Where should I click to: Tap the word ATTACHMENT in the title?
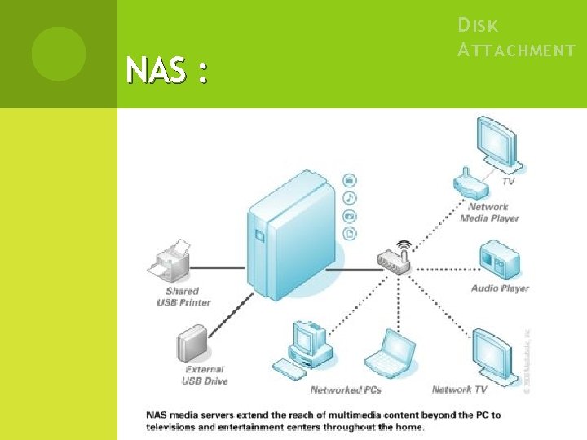point(516,51)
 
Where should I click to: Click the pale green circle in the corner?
point(59,53)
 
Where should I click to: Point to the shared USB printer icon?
point(170,262)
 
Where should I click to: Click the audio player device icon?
point(499,259)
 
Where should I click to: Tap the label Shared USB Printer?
point(183,297)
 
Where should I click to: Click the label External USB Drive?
point(205,375)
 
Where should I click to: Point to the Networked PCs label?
point(346,389)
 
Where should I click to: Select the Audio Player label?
point(500,288)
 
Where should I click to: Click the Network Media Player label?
point(489,213)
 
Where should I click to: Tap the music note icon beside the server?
point(349,197)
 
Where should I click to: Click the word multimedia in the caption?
point(338,415)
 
